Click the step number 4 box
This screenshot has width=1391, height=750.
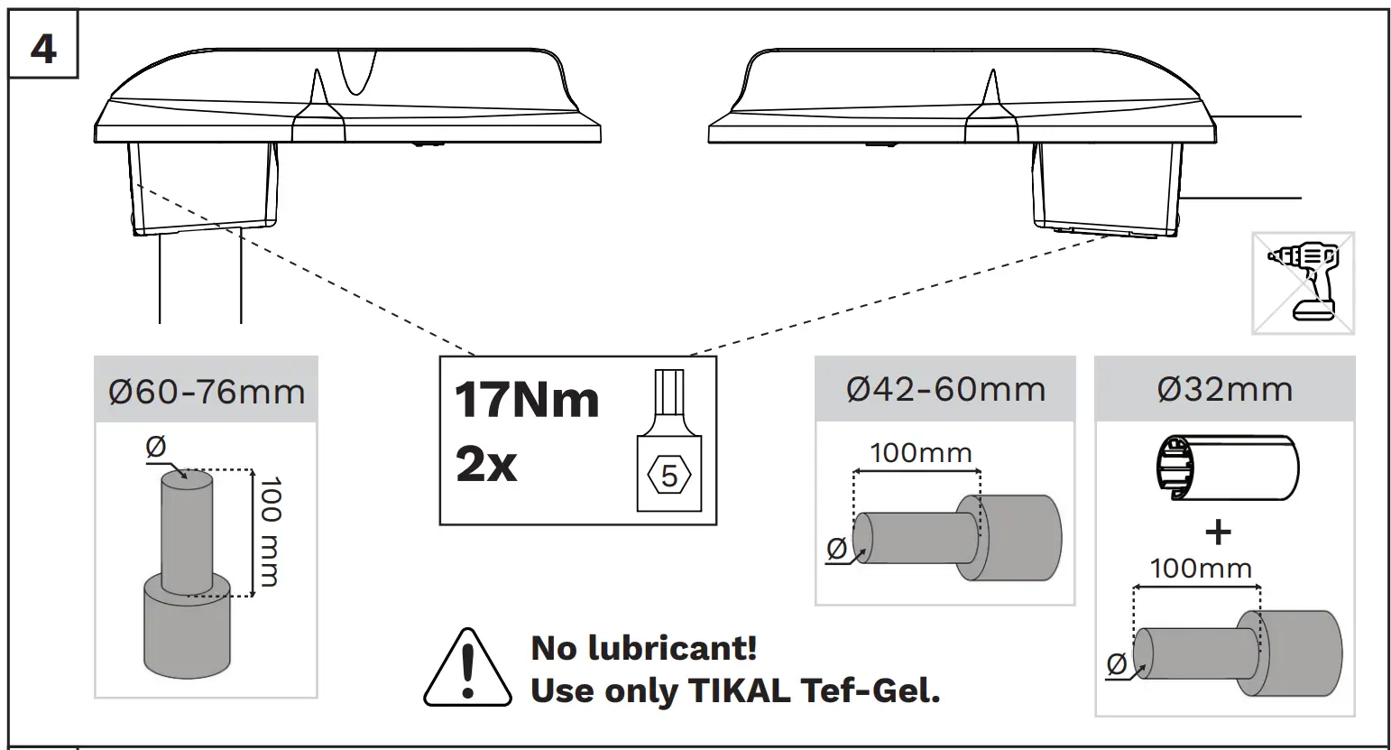[x=42, y=43]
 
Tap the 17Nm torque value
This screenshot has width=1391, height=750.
[x=527, y=400]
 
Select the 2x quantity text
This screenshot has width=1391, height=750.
[x=486, y=465]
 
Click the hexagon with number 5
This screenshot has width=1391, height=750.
[x=668, y=476]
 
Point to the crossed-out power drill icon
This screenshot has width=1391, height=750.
[x=1303, y=283]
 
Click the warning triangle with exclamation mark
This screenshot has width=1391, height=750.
[x=467, y=669]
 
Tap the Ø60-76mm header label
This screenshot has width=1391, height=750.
[x=207, y=392]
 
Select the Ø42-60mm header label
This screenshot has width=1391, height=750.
[x=945, y=390]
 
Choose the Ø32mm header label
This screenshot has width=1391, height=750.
[x=1225, y=390]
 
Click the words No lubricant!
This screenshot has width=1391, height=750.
[x=644, y=648]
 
